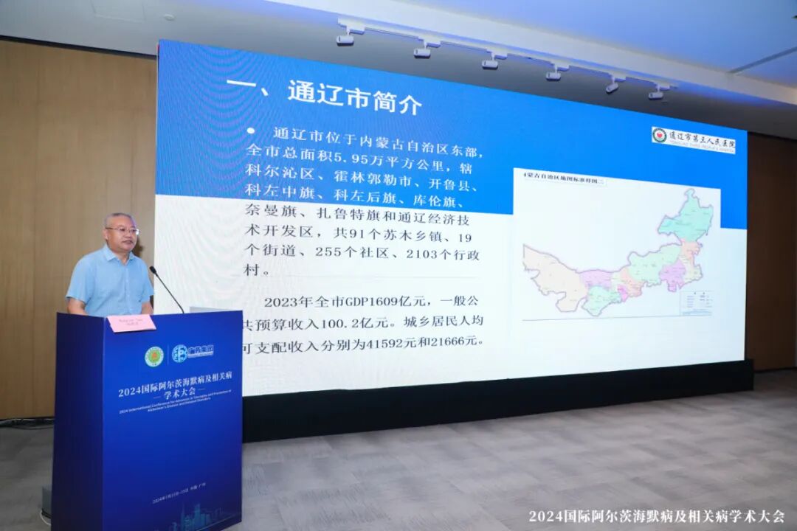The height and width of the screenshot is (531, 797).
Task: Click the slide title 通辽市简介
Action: pyautogui.click(x=355, y=99)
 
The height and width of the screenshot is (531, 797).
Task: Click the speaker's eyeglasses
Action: pyautogui.click(x=123, y=231)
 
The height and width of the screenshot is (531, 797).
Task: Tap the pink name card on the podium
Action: pyautogui.click(x=131, y=323)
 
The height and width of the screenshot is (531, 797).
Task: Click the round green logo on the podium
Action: pyautogui.click(x=153, y=357)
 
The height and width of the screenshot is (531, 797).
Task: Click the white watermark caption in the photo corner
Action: pyautogui.click(x=656, y=516)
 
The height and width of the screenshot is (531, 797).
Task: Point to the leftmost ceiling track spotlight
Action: pyautogui.click(x=345, y=37)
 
